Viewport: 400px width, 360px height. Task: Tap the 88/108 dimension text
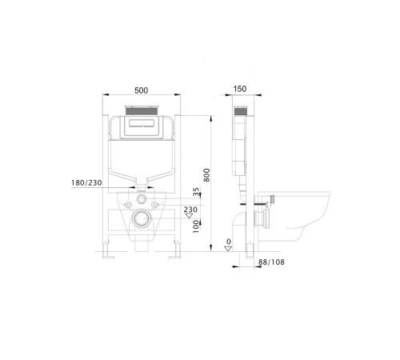pos(270,262)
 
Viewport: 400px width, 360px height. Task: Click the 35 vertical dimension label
pos(196,193)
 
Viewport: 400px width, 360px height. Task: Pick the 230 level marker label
pos(190,210)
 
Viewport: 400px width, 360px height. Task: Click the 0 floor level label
pos(229,242)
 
